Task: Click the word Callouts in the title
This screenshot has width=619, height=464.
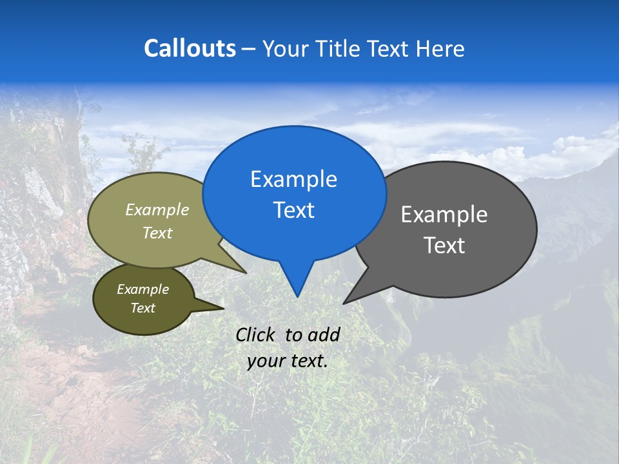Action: point(190,48)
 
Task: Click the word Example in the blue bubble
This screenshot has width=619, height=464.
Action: point(293,179)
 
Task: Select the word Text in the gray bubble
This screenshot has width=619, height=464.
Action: point(444,246)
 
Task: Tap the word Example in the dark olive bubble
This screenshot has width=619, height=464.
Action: point(142,289)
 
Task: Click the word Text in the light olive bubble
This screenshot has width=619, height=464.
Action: point(157,233)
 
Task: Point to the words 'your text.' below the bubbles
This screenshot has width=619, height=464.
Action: point(288,362)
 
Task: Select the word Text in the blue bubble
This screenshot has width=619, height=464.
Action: point(294,210)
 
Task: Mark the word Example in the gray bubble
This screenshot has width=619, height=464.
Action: point(444,215)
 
